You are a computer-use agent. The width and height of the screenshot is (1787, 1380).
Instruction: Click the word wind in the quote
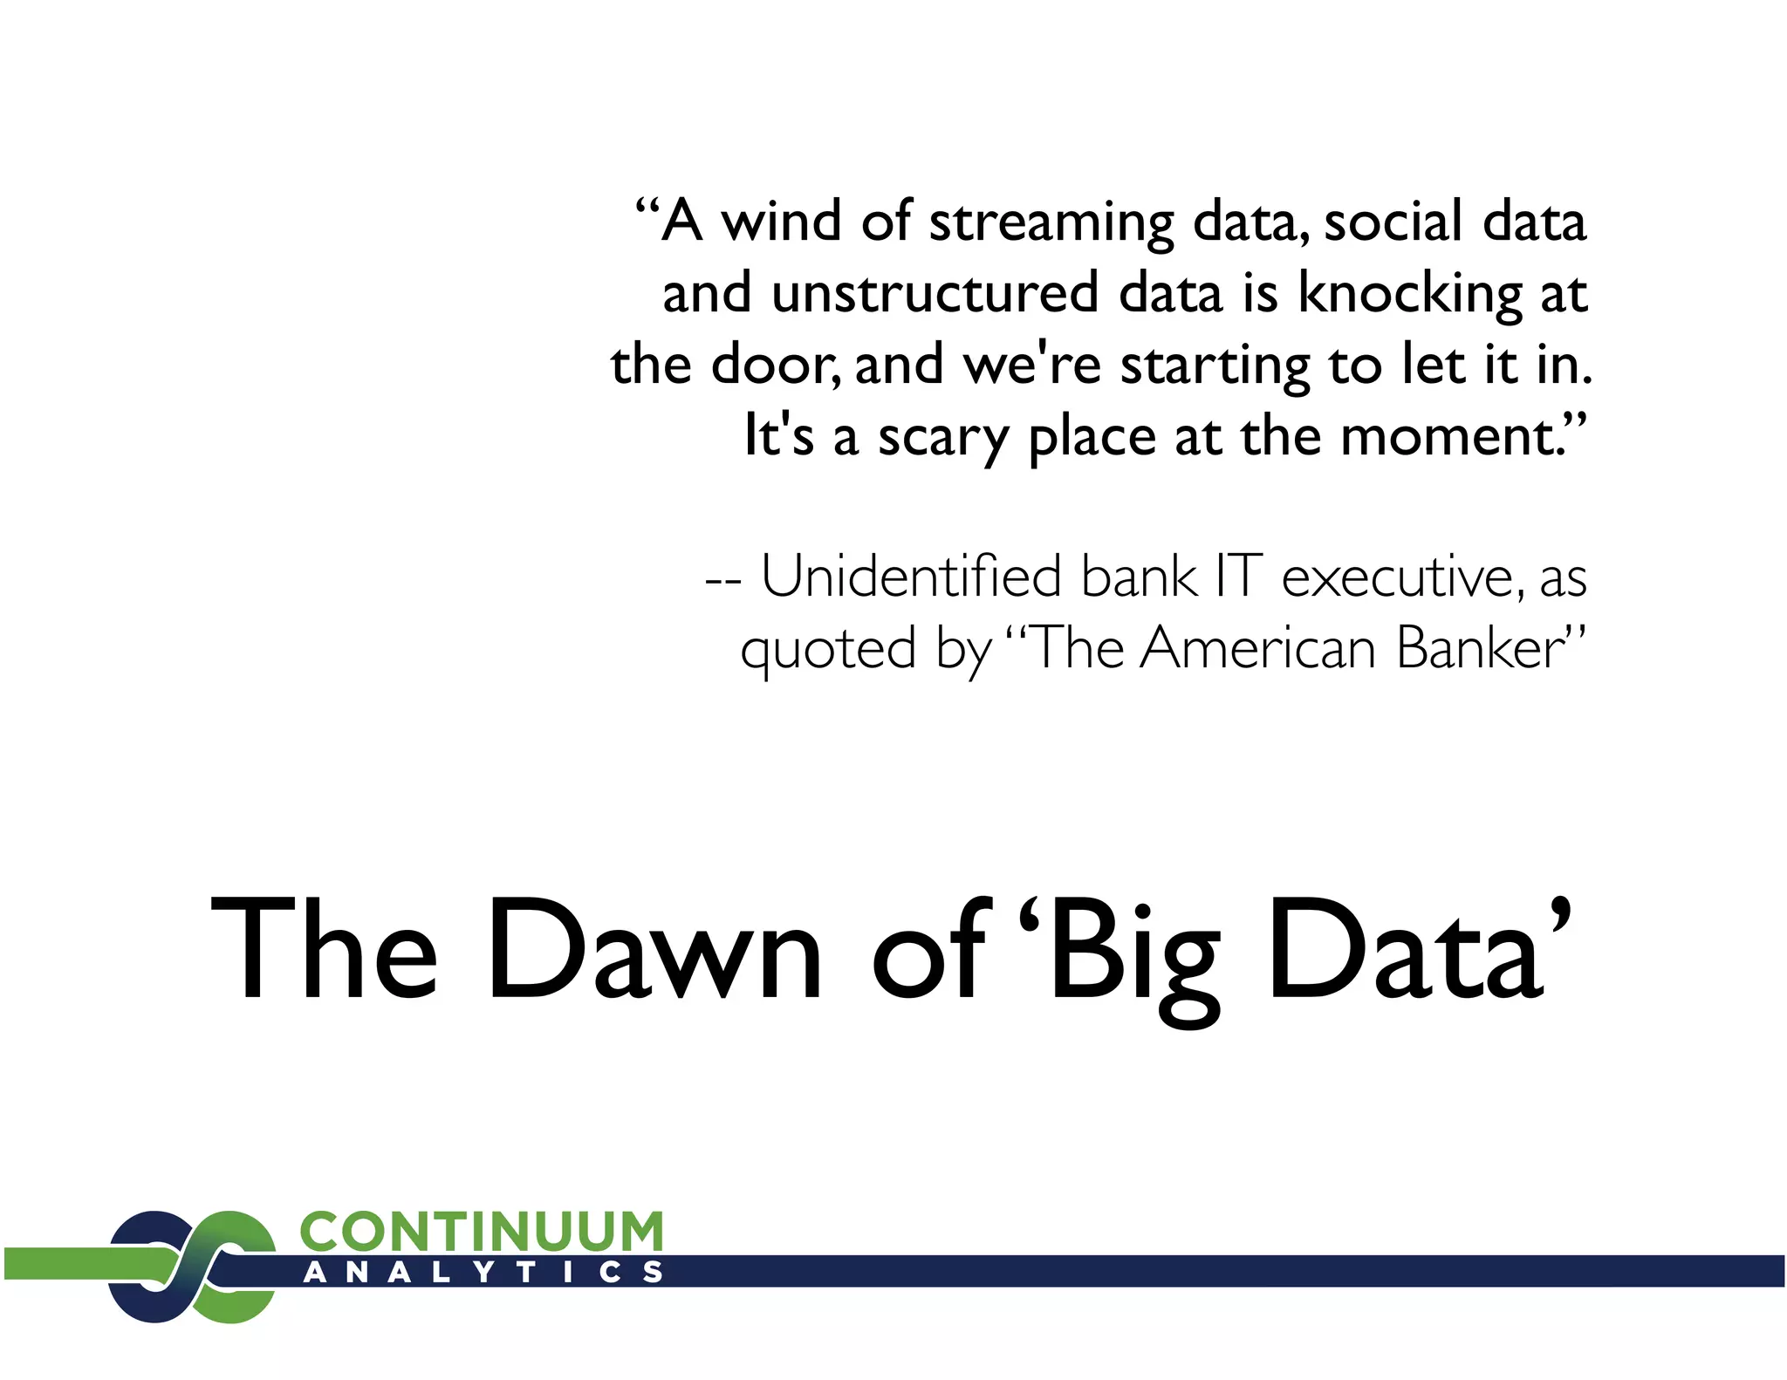(x=780, y=222)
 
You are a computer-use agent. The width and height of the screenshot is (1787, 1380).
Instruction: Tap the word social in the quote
(x=1393, y=222)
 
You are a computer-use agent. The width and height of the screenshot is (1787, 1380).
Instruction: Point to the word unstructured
(x=935, y=293)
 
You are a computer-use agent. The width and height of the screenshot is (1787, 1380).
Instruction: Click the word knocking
(x=1410, y=295)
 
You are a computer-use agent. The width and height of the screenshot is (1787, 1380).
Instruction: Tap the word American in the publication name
(x=1257, y=649)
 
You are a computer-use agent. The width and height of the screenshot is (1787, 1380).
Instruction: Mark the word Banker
(x=1480, y=649)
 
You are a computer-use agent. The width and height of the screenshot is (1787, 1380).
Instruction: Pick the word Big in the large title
(x=1134, y=953)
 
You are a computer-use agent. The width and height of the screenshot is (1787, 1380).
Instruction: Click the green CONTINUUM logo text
(x=482, y=1231)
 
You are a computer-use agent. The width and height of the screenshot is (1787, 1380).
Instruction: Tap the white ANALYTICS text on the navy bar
(x=483, y=1272)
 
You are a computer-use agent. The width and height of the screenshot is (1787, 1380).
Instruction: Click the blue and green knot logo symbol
(x=192, y=1266)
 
